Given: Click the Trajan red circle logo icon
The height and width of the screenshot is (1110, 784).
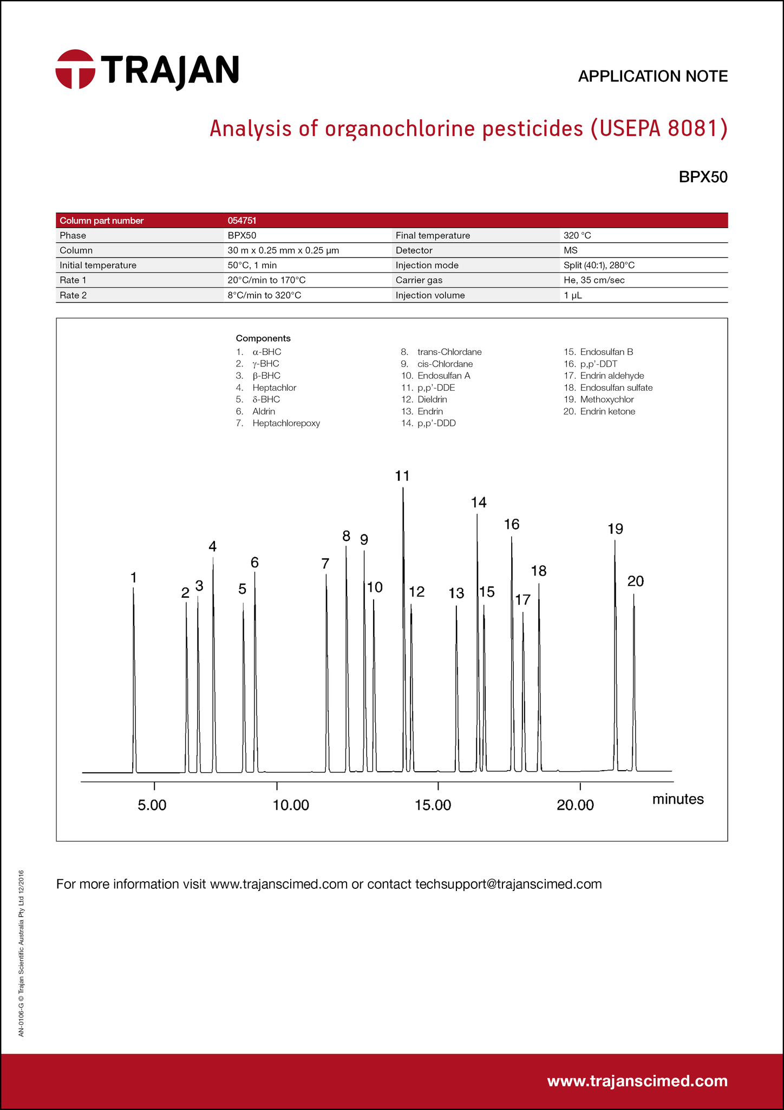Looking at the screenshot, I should [x=75, y=69].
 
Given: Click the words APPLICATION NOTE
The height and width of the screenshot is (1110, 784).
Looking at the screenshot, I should [x=652, y=76].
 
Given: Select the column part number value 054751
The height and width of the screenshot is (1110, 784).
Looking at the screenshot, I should [x=241, y=221].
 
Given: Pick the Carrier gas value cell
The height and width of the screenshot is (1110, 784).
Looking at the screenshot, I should [x=594, y=280].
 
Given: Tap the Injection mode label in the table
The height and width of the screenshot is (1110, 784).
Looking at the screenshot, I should [x=427, y=266].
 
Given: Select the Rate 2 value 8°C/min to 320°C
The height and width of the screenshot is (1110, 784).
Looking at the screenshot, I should [x=264, y=295].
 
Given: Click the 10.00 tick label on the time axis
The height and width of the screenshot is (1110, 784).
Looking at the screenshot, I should [x=291, y=805].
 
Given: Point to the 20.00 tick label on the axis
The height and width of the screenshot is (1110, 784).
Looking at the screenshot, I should [x=576, y=805].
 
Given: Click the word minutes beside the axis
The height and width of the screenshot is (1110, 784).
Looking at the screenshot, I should [x=678, y=799].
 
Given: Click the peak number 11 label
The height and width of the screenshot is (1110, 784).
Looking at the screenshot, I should [x=402, y=476].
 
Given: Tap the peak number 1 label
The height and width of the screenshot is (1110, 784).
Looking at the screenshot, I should [x=133, y=578].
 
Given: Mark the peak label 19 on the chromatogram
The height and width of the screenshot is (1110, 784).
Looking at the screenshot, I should [x=615, y=529].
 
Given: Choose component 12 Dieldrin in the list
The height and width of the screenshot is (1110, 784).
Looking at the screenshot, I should [x=432, y=399].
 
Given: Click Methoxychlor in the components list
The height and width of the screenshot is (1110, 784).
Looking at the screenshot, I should [x=606, y=399].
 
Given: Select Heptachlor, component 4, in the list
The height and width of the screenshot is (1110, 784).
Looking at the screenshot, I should [x=274, y=388].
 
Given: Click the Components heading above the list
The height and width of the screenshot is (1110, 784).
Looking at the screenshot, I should [x=263, y=338].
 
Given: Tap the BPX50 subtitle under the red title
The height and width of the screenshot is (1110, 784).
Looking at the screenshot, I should [x=703, y=177].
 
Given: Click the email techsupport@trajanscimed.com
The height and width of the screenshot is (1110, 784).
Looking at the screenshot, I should [x=508, y=885].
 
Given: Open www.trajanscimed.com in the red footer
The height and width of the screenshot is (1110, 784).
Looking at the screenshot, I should [x=637, y=1081].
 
